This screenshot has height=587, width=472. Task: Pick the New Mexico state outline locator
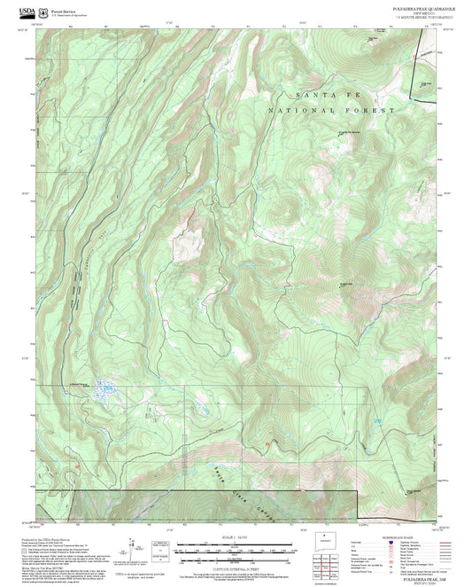(x=328, y=540)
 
